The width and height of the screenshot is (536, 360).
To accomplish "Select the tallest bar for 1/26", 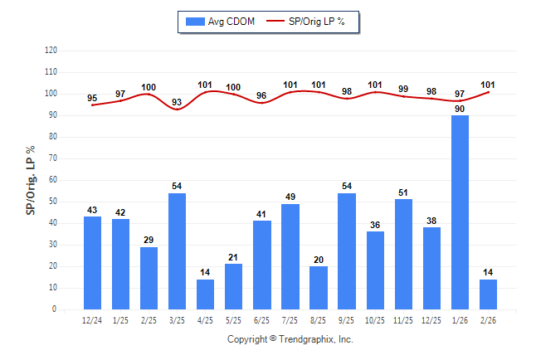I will tap(460, 212).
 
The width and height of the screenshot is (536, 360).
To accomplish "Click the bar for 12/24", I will tap(92, 263).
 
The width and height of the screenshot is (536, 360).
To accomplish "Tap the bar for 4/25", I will tap(205, 294).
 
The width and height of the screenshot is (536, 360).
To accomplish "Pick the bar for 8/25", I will tap(318, 288).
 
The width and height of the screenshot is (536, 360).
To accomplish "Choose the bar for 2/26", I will tap(488, 294).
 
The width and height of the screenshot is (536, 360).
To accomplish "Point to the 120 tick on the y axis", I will tap(51, 51).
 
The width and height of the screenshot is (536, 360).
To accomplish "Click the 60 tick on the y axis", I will tap(52, 180).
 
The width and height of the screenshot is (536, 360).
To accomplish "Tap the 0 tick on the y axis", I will tap(55, 309).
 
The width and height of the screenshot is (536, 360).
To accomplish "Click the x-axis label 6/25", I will tap(261, 319).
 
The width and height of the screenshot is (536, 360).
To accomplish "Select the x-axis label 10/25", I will tap(375, 319).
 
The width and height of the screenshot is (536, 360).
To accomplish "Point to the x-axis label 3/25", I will tap(177, 319).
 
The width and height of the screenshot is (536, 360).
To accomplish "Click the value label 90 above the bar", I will tap(460, 109).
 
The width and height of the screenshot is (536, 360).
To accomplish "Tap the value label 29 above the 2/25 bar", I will tap(149, 240).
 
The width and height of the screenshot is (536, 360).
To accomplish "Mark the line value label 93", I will tap(177, 102).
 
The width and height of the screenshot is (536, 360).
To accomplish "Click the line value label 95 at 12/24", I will tap(92, 98).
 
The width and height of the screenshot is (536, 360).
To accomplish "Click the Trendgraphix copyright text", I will tap(290, 339).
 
